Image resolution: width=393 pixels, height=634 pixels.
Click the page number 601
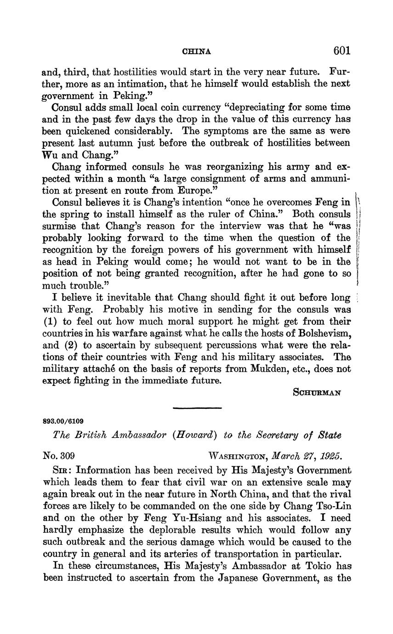(342, 51)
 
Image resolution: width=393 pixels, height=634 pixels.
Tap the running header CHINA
(197, 51)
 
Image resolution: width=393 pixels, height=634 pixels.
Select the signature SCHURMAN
(317, 393)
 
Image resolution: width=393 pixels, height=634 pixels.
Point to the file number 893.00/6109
(63, 420)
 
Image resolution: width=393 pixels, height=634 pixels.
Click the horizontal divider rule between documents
(197, 408)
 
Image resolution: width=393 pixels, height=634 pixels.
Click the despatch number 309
(67, 456)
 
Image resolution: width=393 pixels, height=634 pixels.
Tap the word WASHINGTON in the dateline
(238, 457)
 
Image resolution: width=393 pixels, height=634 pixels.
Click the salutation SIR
(63, 470)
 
